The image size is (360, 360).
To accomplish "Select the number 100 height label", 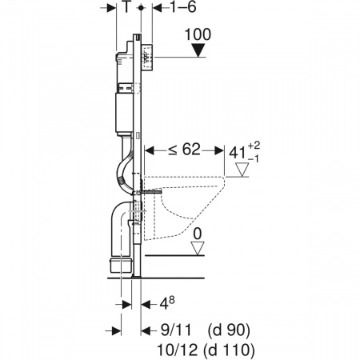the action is tap(198, 34).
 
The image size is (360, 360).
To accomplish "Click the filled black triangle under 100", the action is tap(198, 50).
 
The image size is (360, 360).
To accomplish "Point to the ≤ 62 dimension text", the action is tap(184, 150).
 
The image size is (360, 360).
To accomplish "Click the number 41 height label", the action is tap(238, 153).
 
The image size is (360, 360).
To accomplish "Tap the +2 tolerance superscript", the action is tap(254, 146).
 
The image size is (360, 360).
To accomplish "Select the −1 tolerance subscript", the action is tap(253, 159).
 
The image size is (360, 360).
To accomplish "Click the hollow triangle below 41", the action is tap(242, 170).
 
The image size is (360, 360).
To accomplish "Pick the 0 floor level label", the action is tap(198, 234).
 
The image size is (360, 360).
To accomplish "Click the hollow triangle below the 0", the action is tap(198, 248).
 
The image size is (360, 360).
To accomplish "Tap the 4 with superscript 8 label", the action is tap(166, 303).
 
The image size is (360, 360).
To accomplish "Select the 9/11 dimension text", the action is tap(176, 330).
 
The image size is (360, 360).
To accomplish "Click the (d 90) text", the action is tap(229, 330).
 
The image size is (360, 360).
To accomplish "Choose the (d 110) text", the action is tap(228, 350).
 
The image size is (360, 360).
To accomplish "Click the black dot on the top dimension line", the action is tap(141, 8).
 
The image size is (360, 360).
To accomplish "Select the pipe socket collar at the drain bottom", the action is tap(121, 265).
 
